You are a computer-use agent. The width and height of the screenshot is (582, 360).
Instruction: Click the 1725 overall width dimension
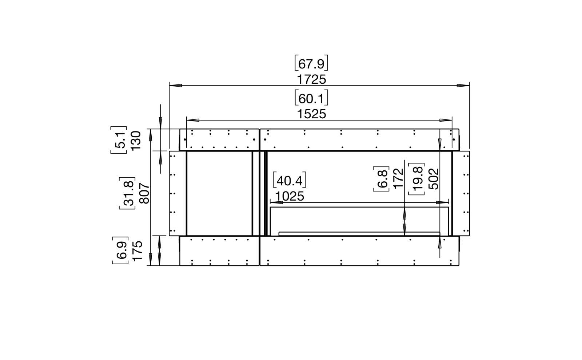311,80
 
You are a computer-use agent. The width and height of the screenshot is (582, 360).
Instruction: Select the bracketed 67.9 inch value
311,63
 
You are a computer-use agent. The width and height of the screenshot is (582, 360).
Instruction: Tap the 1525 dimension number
311,114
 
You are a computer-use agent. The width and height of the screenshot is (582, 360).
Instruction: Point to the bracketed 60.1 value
311,98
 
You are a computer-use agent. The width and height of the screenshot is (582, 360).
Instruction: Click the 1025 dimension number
290,196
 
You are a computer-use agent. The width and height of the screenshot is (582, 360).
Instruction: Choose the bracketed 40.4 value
290,180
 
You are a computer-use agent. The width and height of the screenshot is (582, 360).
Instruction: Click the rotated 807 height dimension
144,193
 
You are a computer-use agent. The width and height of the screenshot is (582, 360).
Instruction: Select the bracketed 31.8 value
127,193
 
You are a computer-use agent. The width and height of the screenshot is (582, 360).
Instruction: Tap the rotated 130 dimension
136,141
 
